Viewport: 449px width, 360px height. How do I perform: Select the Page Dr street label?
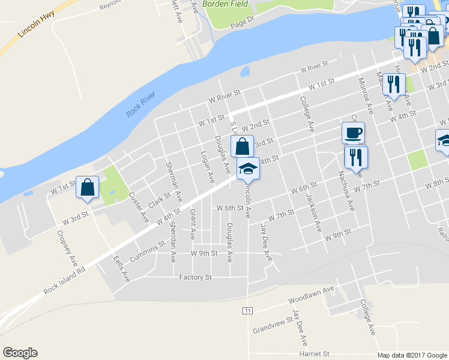(x=243, y=22)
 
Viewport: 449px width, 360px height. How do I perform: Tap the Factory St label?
(x=196, y=277)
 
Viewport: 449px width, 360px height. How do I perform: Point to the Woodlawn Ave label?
(x=310, y=293)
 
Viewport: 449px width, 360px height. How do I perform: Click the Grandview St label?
(x=271, y=327)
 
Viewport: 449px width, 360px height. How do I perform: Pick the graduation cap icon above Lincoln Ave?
(x=249, y=168)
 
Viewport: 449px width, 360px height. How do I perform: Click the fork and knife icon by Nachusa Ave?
(x=356, y=157)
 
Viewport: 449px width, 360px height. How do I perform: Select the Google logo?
(x=20, y=352)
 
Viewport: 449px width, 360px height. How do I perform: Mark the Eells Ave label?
(x=121, y=269)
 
